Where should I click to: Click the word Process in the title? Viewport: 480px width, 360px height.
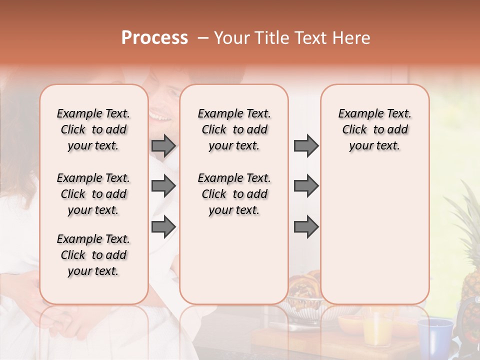tap(154, 38)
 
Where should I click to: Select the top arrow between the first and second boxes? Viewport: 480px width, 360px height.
tap(163, 145)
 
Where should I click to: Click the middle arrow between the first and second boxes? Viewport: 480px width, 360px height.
tap(163, 186)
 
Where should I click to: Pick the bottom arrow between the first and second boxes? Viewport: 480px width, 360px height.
tap(163, 226)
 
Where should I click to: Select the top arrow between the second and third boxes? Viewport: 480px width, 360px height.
tap(306, 145)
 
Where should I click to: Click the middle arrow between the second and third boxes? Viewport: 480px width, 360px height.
tap(306, 186)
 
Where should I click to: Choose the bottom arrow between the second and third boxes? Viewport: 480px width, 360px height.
tap(306, 226)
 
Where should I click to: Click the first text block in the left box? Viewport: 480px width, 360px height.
tap(93, 129)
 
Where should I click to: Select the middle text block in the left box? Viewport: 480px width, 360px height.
tap(93, 194)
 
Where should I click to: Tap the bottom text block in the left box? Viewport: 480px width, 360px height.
tap(93, 255)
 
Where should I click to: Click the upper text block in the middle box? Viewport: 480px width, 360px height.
tap(234, 129)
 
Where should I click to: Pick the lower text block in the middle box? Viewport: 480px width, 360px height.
tap(234, 194)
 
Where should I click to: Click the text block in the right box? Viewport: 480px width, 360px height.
tap(375, 129)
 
